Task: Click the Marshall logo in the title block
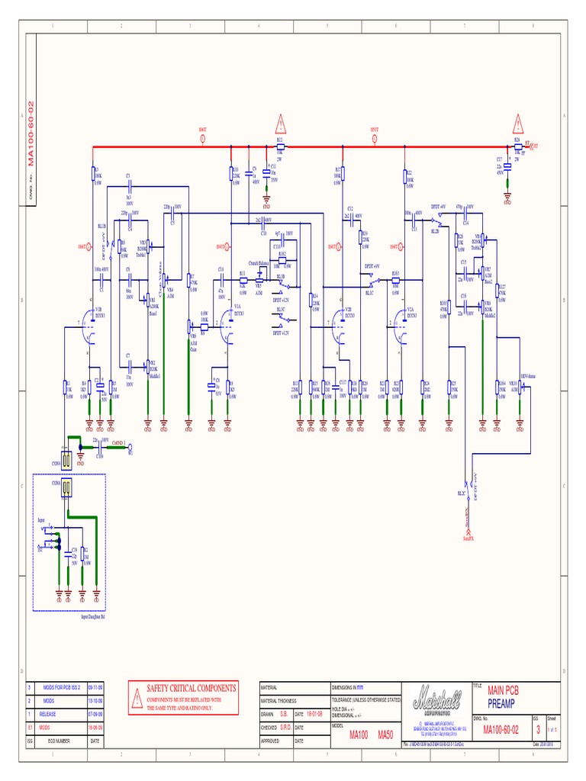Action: (x=436, y=698)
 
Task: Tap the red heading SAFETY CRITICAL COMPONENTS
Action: (x=192, y=688)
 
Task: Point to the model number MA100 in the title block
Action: (x=359, y=735)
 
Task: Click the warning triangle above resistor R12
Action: (x=281, y=123)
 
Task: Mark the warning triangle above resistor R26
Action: (x=519, y=123)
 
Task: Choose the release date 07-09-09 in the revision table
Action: (x=96, y=714)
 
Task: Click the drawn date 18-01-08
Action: (x=316, y=714)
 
